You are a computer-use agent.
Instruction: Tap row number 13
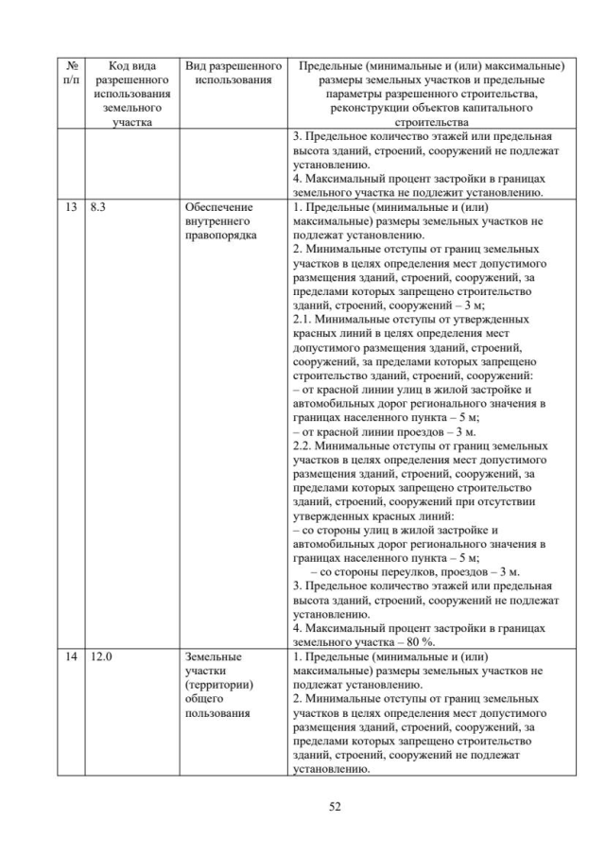pos(72,205)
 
